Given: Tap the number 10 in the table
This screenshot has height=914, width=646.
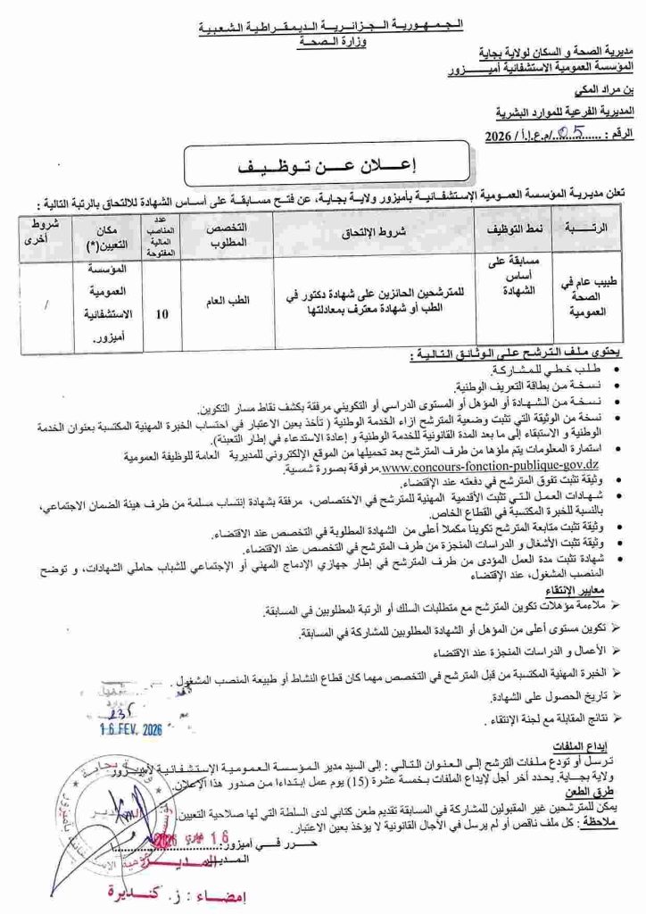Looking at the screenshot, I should coord(160,313).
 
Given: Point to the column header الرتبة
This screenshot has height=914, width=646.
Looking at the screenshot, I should coord(585,230).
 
